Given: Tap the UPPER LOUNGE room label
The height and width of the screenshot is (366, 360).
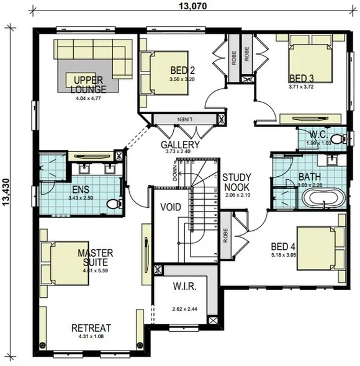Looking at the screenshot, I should pyautogui.click(x=89, y=84).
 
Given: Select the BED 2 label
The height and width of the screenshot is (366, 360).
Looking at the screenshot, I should pyautogui.click(x=182, y=71).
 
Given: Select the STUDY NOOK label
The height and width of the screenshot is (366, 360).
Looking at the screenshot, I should pyautogui.click(x=237, y=181).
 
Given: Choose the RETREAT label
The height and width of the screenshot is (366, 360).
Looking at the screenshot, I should pyautogui.click(x=91, y=328).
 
